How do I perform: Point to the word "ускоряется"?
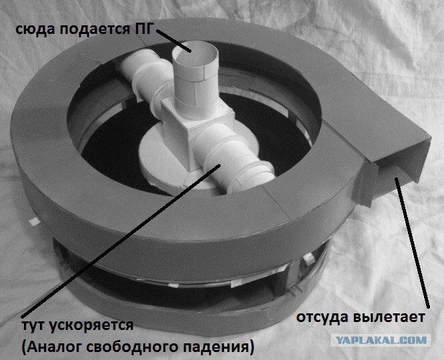coord(91,326)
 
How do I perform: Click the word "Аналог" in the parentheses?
coord(53,347)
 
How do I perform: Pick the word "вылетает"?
coord(389,317)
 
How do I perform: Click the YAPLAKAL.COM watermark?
coord(381,339)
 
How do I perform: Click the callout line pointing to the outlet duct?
coord(412,243)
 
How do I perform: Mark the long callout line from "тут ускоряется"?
coord(121,241)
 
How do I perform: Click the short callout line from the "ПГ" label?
coord(173,41)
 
